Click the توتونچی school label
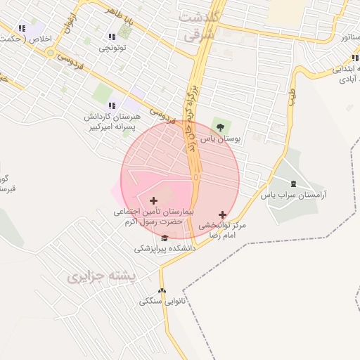click(113, 48)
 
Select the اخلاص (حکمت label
click(29, 39)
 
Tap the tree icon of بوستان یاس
click(221, 127)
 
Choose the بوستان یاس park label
click(220, 139)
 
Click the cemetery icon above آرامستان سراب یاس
click(293, 184)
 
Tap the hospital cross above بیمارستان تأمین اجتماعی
click(154, 200)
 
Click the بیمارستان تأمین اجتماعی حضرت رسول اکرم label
click(154, 216)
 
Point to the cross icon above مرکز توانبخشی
click(223, 214)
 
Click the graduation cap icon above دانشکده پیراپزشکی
click(165, 238)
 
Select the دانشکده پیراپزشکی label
click(165, 248)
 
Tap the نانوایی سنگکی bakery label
click(161, 301)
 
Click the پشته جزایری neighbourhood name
click(101, 277)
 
